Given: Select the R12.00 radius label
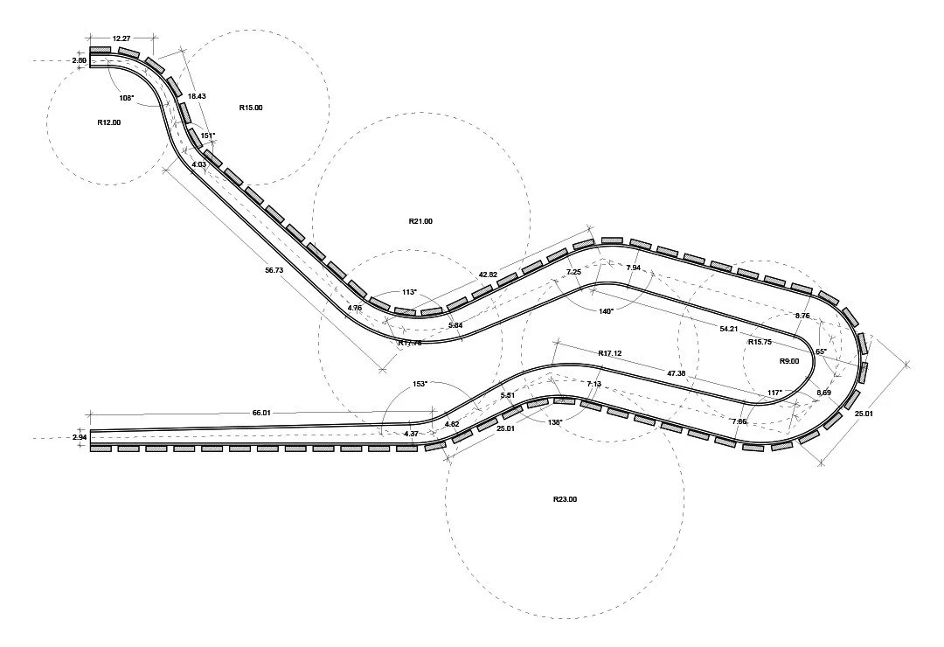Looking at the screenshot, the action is [109, 122].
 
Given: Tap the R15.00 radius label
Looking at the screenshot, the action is [251, 108].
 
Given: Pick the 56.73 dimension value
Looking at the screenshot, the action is [274, 271].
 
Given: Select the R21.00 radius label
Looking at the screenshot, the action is [420, 221].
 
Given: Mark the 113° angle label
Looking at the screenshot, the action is [409, 292].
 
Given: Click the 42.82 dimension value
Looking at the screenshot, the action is [488, 275].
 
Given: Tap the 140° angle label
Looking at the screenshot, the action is [606, 310].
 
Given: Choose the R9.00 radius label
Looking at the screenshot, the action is [789, 360].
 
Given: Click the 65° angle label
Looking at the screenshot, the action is [821, 351].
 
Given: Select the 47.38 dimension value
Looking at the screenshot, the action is [676, 373].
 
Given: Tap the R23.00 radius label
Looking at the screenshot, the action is [565, 499].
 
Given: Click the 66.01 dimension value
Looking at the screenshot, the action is [263, 412].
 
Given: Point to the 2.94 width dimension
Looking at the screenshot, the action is [79, 436].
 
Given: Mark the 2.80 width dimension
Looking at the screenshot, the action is [79, 60].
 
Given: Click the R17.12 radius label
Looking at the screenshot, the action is [610, 353].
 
